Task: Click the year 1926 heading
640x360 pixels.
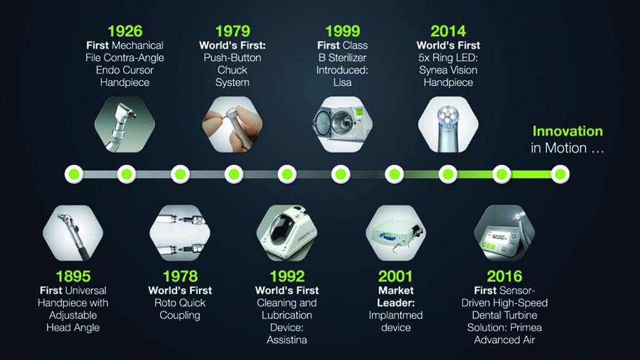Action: tap(125, 31)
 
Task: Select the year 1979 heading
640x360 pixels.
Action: tap(232, 31)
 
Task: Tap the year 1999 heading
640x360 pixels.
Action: tap(342, 31)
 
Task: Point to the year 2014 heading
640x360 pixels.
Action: tap(448, 31)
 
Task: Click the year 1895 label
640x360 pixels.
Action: tap(73, 276)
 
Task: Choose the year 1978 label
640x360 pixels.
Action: tap(180, 276)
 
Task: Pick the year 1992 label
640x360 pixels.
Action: tap(287, 276)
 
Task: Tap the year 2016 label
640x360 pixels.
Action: tap(504, 276)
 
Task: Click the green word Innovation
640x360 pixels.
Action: tap(567, 131)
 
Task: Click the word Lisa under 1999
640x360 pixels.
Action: tap(341, 82)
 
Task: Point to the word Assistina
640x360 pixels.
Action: tap(287, 340)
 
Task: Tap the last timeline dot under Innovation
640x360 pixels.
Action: tap(559, 174)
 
